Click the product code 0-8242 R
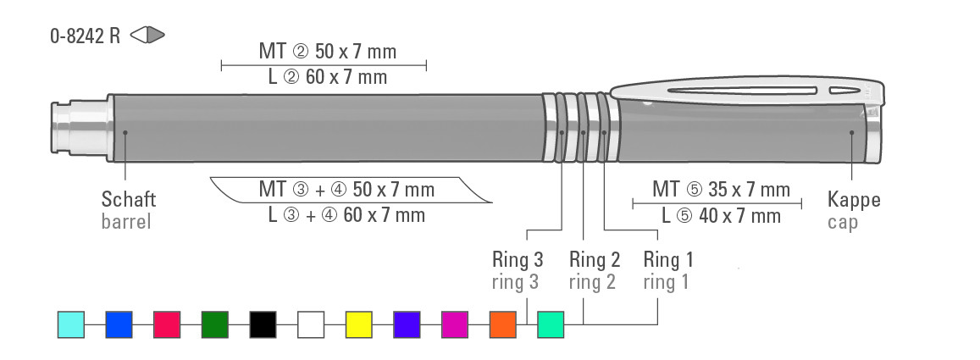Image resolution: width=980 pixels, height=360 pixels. pos(85,36)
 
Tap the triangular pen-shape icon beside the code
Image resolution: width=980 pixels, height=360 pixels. pos(147,35)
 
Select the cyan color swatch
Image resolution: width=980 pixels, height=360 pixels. pos(71,324)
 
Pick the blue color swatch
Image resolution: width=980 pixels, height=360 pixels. pos(119,324)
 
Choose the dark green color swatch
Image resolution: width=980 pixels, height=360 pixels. pos(215,324)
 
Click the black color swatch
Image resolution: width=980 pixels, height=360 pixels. pos(263,324)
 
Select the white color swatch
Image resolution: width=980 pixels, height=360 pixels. pos(311,324)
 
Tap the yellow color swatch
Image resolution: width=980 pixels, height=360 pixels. pos(359,324)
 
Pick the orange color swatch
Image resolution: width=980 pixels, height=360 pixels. pos(502,324)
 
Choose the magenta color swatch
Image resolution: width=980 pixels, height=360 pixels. pos(455,324)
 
